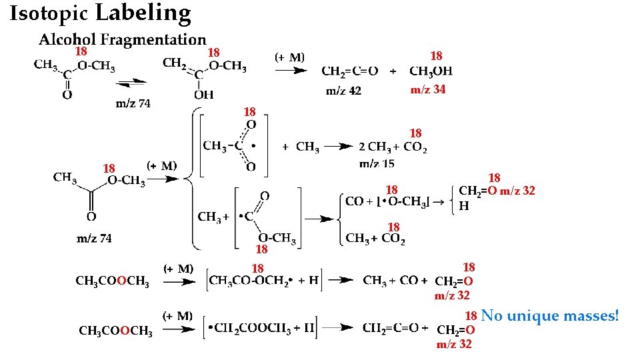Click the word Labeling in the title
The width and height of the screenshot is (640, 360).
[143, 12]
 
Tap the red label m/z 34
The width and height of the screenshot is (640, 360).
[428, 90]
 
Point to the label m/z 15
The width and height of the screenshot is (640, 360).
[377, 163]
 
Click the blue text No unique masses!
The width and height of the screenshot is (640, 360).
[549, 315]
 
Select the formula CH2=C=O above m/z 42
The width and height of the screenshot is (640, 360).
[349, 71]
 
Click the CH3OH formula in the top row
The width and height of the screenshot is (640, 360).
[431, 71]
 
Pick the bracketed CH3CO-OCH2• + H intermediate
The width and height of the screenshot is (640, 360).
[263, 280]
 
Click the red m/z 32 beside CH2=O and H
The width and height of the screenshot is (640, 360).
[517, 191]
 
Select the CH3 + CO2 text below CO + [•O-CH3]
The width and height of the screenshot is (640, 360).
[375, 239]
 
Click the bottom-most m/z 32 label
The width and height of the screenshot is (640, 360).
[454, 344]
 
